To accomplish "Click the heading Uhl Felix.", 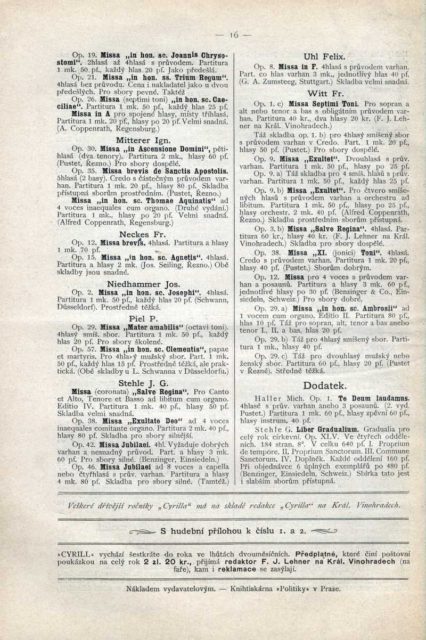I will (324, 55).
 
